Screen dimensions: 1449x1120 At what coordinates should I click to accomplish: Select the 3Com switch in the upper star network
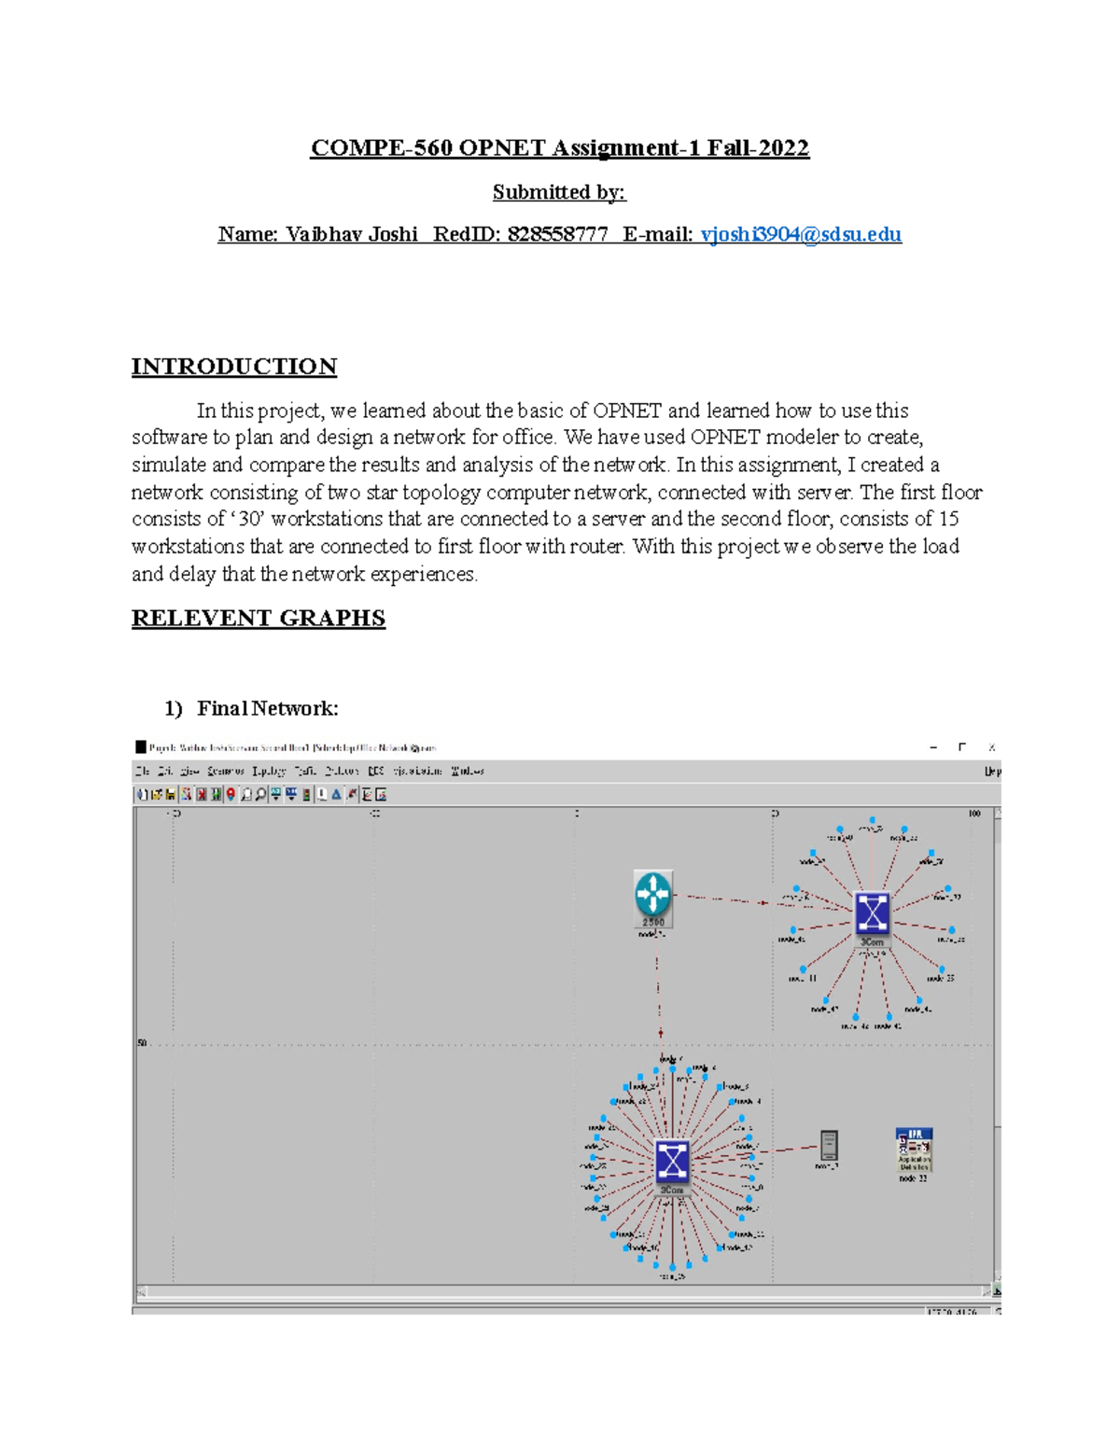point(872,913)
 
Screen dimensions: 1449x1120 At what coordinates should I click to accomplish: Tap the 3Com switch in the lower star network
point(671,1162)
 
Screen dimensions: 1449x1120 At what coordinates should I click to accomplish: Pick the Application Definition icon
point(914,1149)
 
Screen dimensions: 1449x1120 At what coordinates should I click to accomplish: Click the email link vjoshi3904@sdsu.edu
point(801,234)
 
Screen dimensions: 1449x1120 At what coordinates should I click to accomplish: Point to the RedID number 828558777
point(557,234)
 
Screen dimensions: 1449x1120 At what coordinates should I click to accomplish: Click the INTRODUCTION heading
point(234,367)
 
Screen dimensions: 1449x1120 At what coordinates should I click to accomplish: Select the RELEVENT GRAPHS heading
point(259,619)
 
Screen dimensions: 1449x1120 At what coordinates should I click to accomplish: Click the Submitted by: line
point(559,192)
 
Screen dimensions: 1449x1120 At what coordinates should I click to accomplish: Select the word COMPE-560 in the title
point(381,148)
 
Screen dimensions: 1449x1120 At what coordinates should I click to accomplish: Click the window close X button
point(991,747)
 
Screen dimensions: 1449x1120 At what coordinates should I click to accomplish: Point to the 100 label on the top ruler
point(973,814)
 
